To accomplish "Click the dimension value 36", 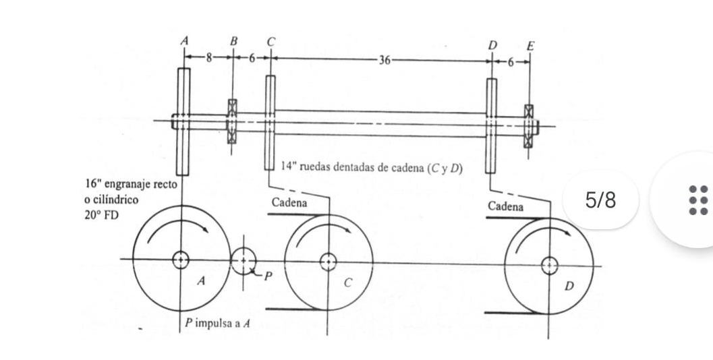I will (384, 60).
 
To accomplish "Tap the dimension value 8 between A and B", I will (209, 59).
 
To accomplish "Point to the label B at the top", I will (233, 42).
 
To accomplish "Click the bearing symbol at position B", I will (232, 121).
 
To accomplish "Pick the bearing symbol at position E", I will (529, 126).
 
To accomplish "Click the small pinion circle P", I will (243, 260).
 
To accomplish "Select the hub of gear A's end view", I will (181, 260).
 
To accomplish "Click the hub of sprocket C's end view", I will (329, 261).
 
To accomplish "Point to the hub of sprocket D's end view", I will (549, 265).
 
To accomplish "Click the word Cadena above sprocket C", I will (289, 202).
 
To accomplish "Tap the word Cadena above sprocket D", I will (505, 206).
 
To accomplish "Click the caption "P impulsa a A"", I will (219, 324).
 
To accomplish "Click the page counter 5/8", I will (600, 200).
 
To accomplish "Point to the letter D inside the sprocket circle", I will (568, 287).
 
